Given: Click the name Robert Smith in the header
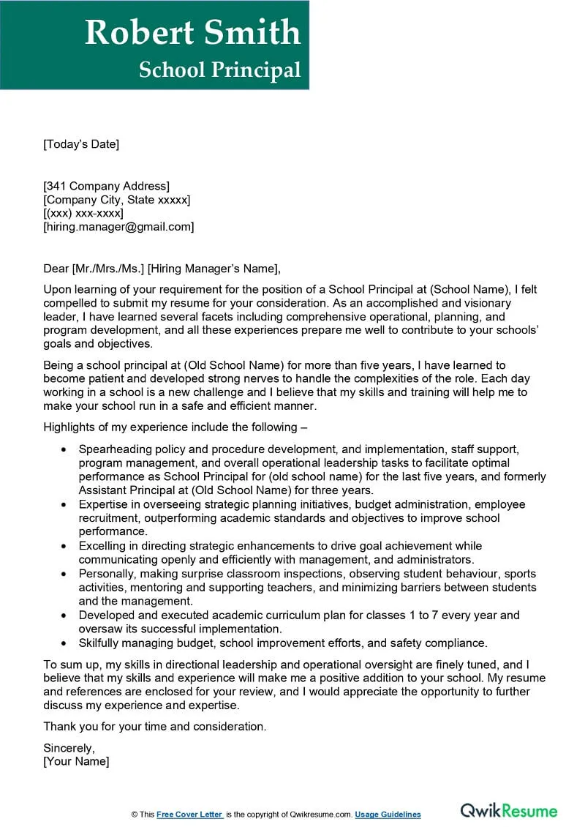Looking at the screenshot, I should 192,33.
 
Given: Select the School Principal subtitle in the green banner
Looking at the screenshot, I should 219,70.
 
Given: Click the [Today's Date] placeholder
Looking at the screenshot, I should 80,144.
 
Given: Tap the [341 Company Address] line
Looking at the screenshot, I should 106,186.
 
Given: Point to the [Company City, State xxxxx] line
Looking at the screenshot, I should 116,200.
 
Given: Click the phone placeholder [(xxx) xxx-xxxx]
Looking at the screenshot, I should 83,213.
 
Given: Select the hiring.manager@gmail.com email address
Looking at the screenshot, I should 118,227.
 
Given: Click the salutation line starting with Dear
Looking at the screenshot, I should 162,268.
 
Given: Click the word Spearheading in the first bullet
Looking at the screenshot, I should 114,449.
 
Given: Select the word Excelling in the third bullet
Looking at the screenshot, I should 105,546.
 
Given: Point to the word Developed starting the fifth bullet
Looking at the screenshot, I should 107,615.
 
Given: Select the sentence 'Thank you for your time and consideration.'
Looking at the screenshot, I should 155,727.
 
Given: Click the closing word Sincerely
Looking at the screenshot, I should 69,748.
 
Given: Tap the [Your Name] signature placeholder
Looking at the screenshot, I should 76,761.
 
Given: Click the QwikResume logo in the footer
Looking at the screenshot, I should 508,811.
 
